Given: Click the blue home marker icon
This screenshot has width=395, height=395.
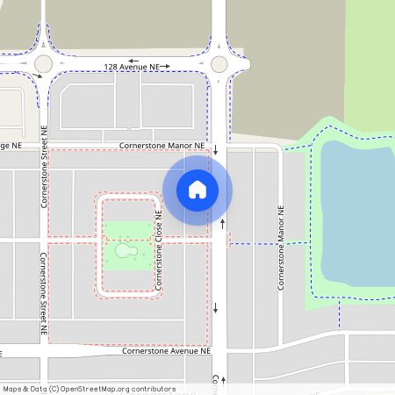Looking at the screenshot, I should (197, 190).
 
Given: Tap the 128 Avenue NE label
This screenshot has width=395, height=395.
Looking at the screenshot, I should (133, 66).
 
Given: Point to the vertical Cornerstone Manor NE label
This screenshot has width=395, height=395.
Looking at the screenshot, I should (282, 248).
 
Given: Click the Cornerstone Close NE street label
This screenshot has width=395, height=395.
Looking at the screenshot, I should (160, 249).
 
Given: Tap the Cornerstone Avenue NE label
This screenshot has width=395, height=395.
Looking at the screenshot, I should (168, 351).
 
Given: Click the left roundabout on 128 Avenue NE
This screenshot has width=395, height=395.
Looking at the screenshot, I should (44, 64).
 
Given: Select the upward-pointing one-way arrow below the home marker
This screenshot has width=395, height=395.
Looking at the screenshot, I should (222, 225).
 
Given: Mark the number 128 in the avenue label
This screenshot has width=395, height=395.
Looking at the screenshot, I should (111, 66).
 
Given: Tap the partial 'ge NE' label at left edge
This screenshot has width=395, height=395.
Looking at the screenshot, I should (10, 145).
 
